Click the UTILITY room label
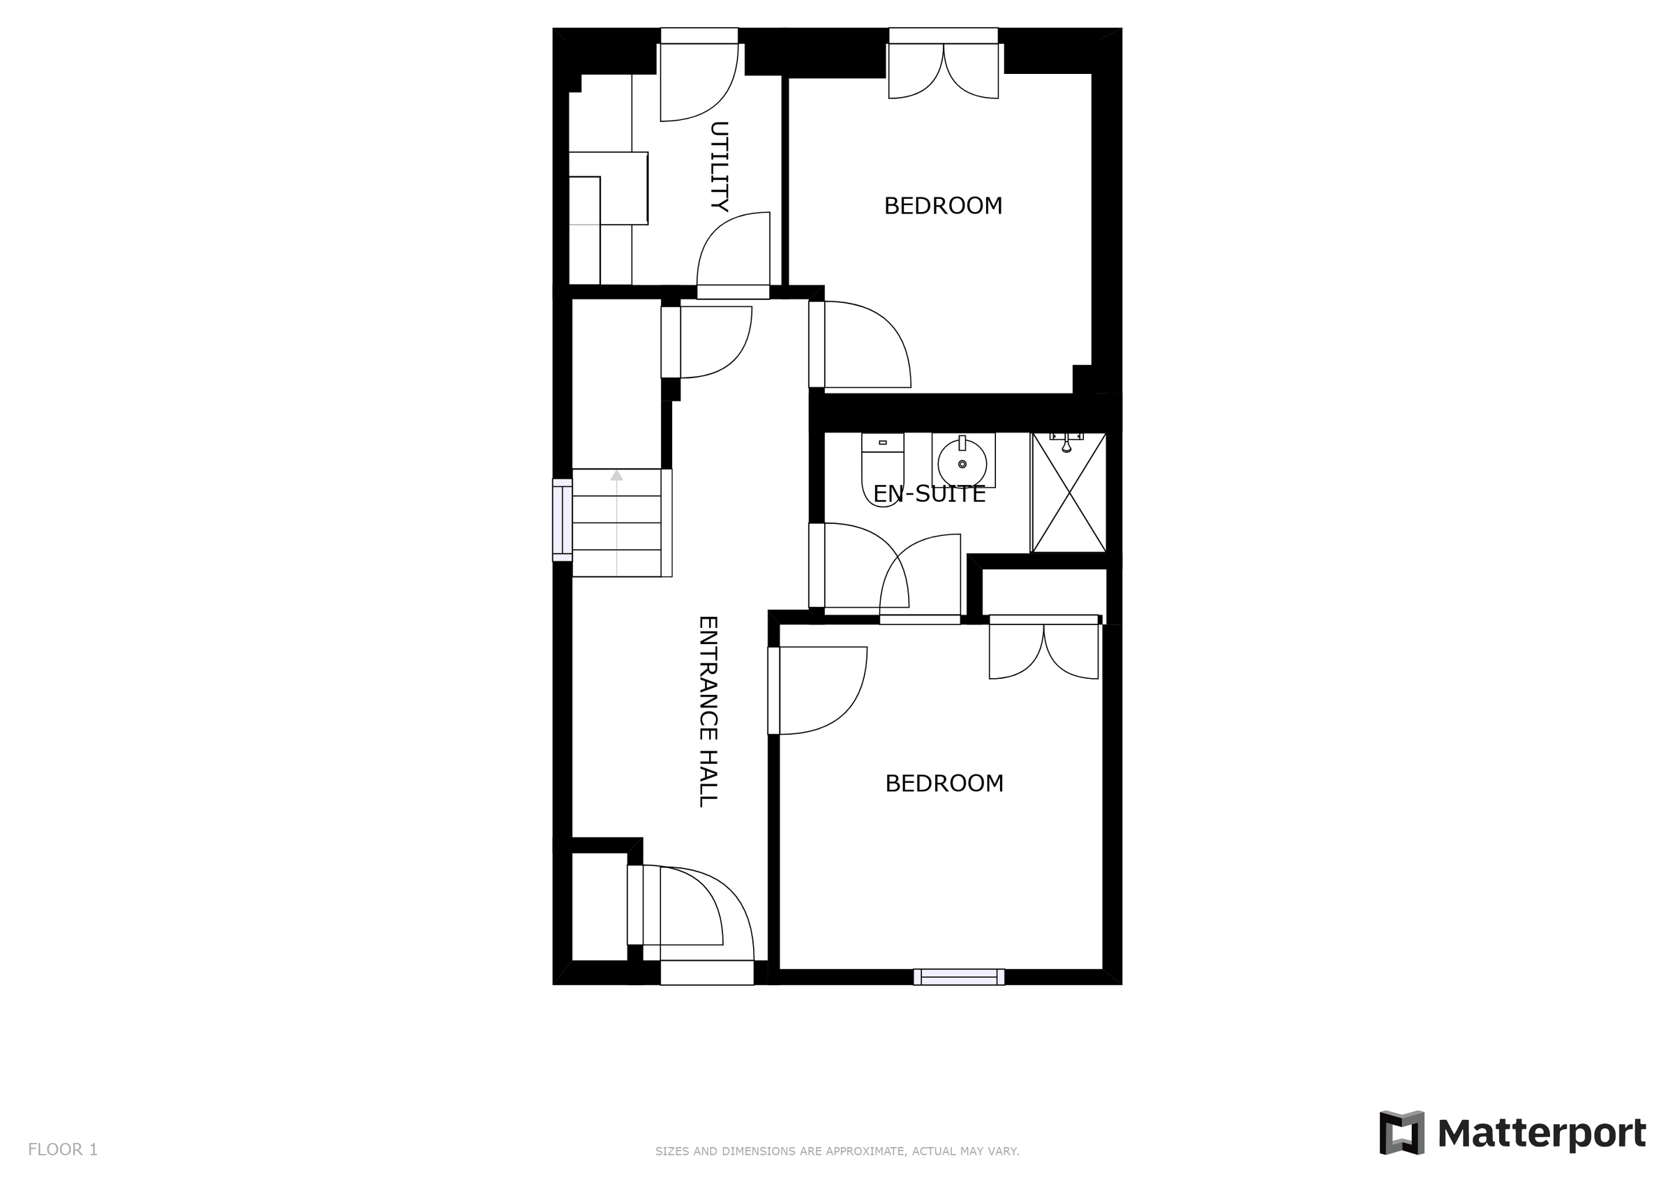coord(720,166)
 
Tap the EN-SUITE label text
coord(929,495)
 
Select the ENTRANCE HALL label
coord(708,711)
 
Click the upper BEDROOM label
coord(943,207)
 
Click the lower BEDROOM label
coord(944,784)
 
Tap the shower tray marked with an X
coord(1069,493)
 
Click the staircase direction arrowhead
coord(616,476)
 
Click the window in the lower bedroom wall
coord(959,976)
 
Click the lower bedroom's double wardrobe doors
coord(1043,650)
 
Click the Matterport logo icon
coord(1401,1133)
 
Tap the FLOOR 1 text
coord(63,1150)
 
